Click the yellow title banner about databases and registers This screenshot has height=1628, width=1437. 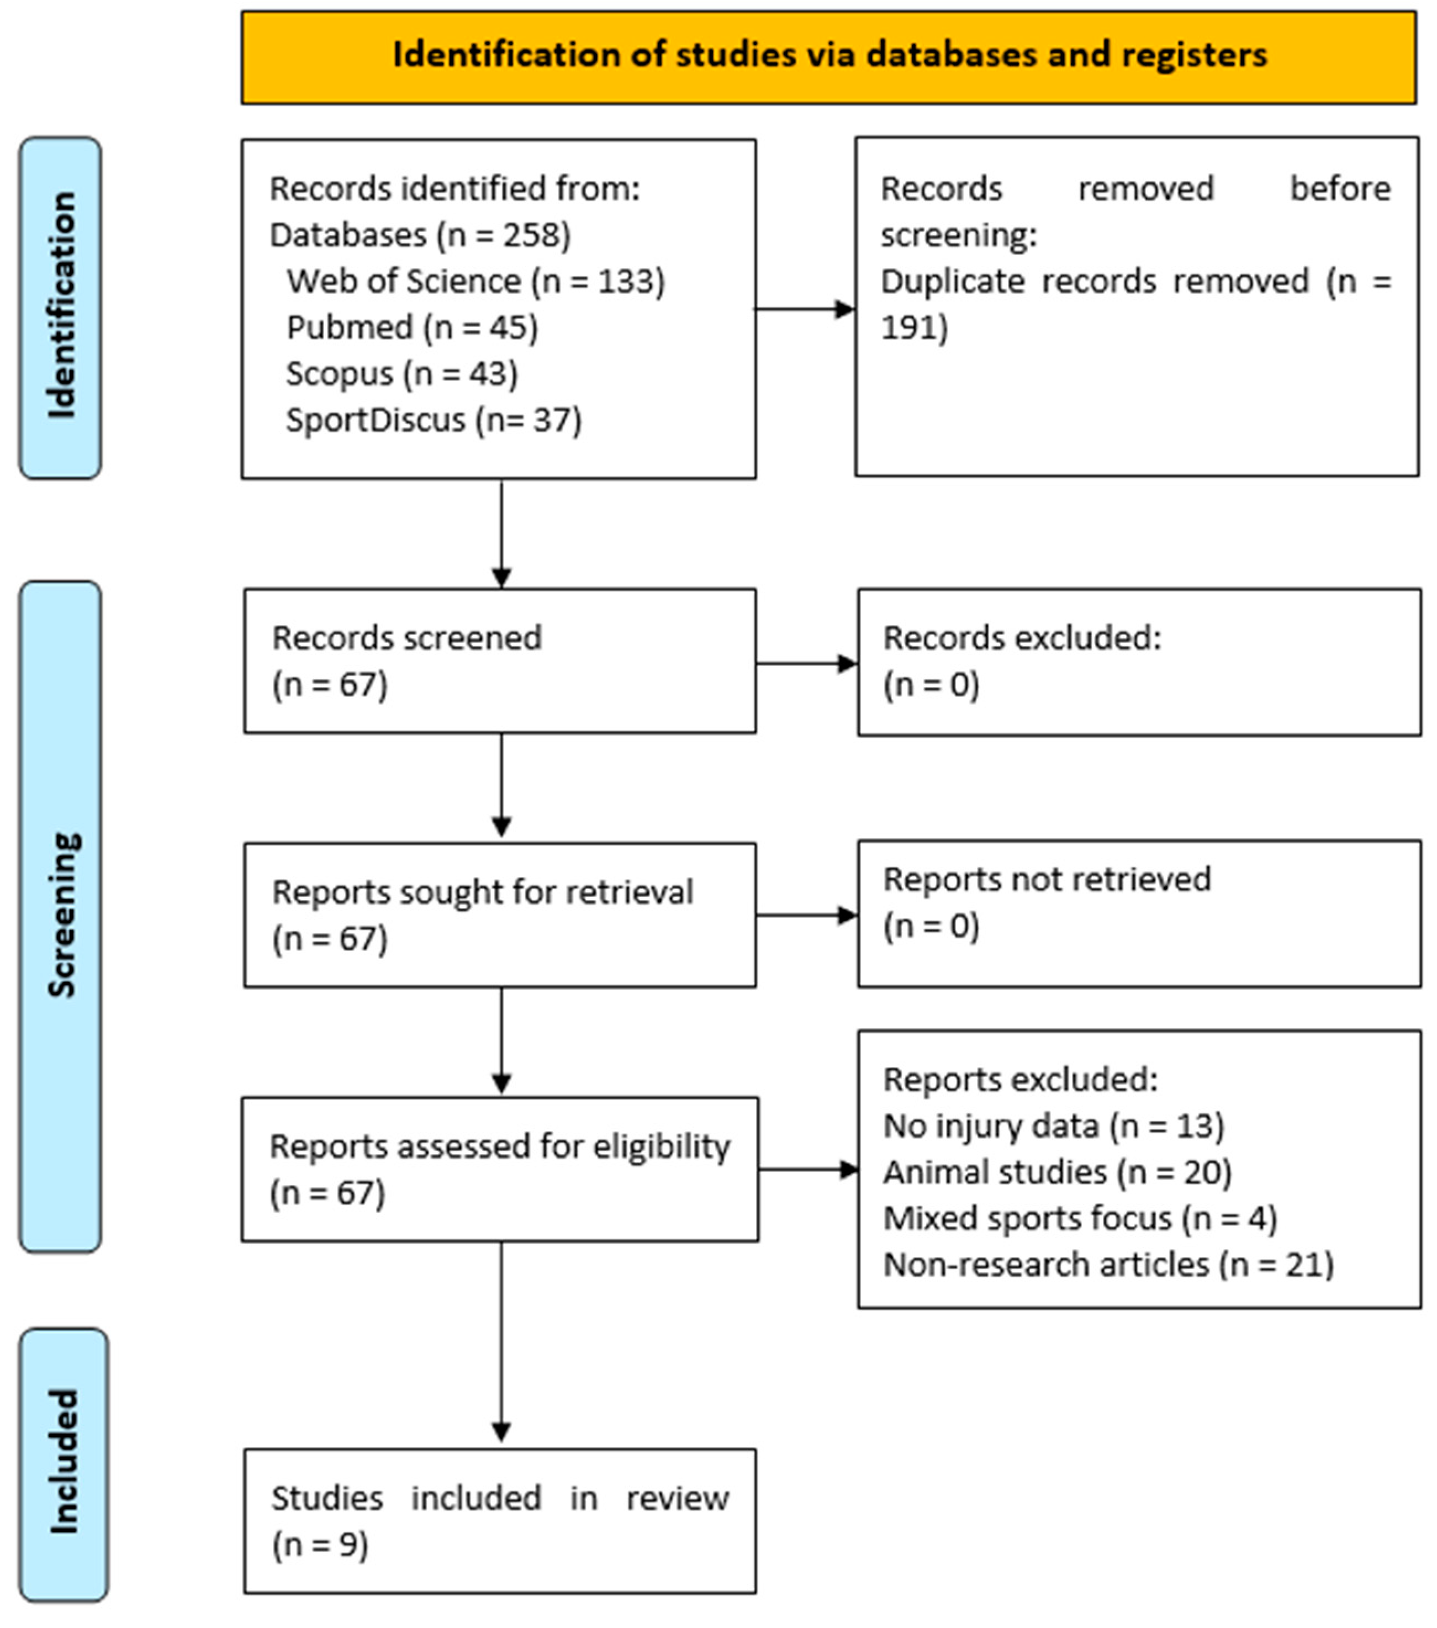pos(828,56)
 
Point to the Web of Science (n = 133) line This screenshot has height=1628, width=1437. pos(476,281)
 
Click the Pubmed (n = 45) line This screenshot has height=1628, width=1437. pos(412,327)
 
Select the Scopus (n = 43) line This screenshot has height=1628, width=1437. pos(401,373)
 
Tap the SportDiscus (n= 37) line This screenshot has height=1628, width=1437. pos(434,420)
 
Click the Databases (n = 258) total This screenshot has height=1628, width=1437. pos(420,235)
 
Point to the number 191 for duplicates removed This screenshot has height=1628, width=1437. pos(913,327)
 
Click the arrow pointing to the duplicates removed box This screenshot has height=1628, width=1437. pos(805,309)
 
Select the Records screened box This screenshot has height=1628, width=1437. pos(499,660)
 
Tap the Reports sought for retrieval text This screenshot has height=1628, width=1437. pos(482,892)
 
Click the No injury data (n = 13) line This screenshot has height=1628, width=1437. pos(1053,1126)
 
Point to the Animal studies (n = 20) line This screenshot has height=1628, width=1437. pos(1057,1172)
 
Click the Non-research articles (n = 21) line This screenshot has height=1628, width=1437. pos(1108,1265)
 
